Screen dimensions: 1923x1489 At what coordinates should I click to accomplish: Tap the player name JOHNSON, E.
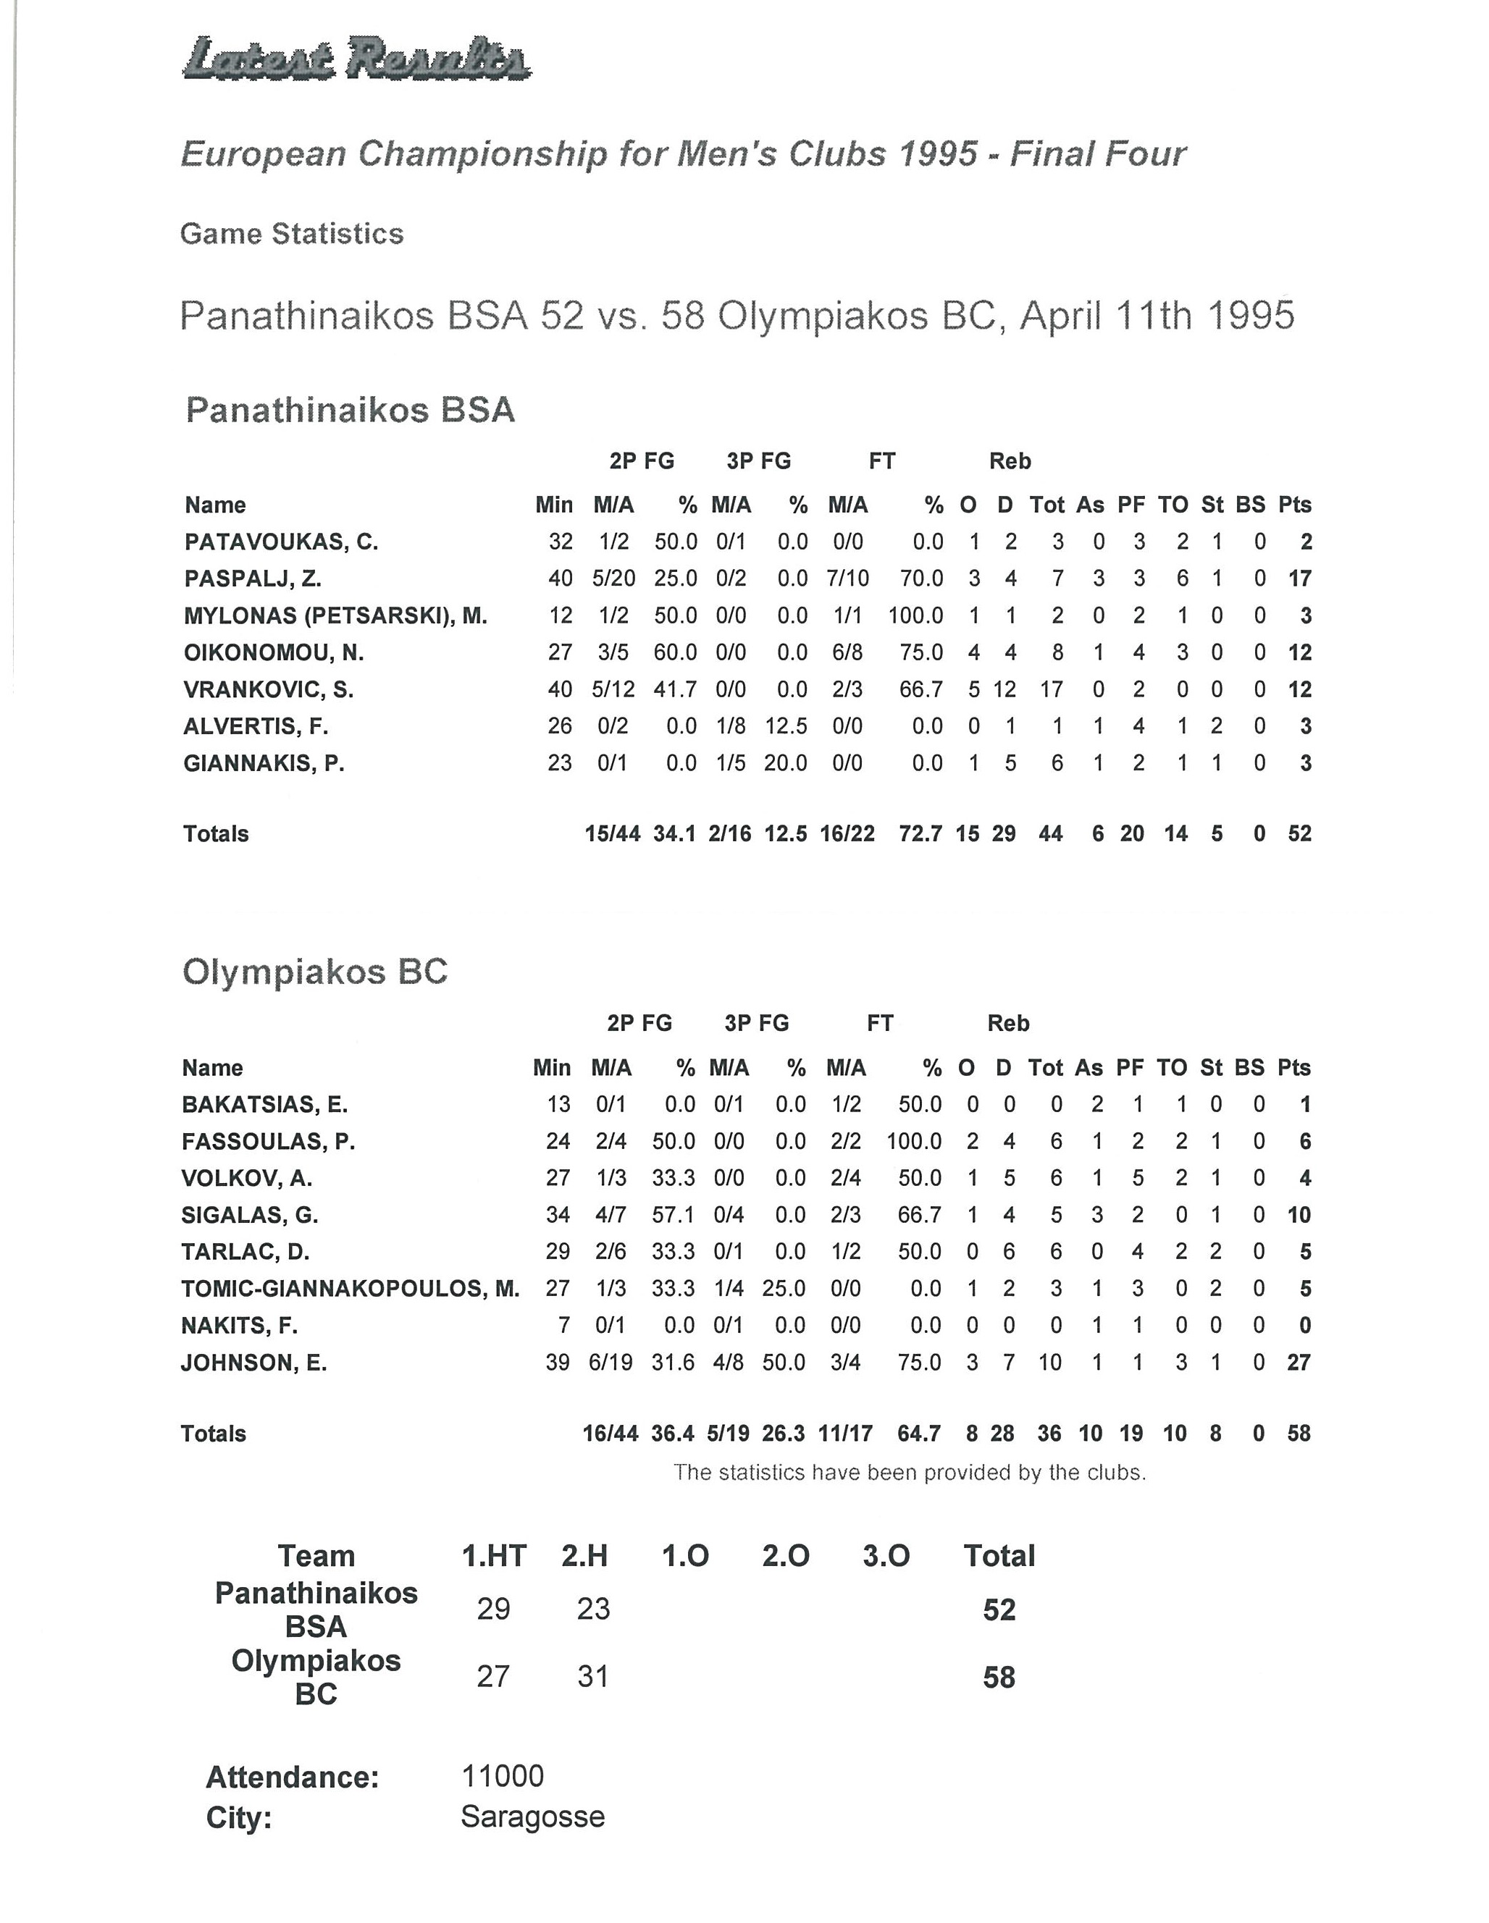[253, 1363]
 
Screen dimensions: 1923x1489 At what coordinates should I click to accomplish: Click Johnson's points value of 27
[1298, 1363]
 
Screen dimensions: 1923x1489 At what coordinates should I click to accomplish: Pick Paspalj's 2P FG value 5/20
[613, 578]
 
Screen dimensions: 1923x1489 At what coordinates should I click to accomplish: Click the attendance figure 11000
[502, 1776]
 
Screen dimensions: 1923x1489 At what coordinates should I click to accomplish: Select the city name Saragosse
[532, 1817]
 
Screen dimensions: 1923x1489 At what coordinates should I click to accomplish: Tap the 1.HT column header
[493, 1556]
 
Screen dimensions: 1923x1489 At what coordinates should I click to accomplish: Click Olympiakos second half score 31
[592, 1675]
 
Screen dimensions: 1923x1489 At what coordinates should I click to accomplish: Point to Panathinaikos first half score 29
[493, 1609]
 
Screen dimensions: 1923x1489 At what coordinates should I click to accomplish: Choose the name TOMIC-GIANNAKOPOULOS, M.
[350, 1289]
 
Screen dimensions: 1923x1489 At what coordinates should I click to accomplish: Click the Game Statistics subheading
[291, 233]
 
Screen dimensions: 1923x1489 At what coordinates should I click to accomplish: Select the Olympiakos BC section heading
[314, 972]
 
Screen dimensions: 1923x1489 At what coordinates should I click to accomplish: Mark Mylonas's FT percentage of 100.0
[915, 615]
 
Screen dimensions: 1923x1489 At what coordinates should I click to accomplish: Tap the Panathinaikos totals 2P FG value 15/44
[612, 834]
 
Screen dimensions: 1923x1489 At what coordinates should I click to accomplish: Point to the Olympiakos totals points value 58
[1298, 1434]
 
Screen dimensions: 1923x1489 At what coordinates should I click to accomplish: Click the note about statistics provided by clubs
[909, 1472]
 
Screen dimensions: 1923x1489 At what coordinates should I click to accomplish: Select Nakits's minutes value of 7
[563, 1326]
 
